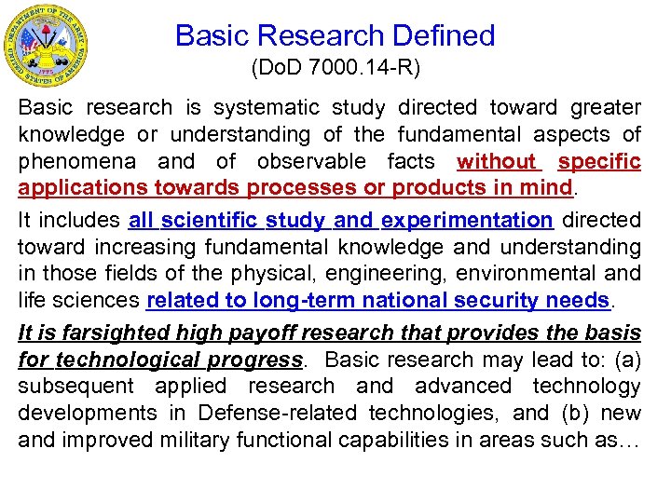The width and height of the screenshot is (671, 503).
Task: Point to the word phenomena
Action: (71, 162)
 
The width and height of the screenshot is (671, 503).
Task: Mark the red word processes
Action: (302, 188)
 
